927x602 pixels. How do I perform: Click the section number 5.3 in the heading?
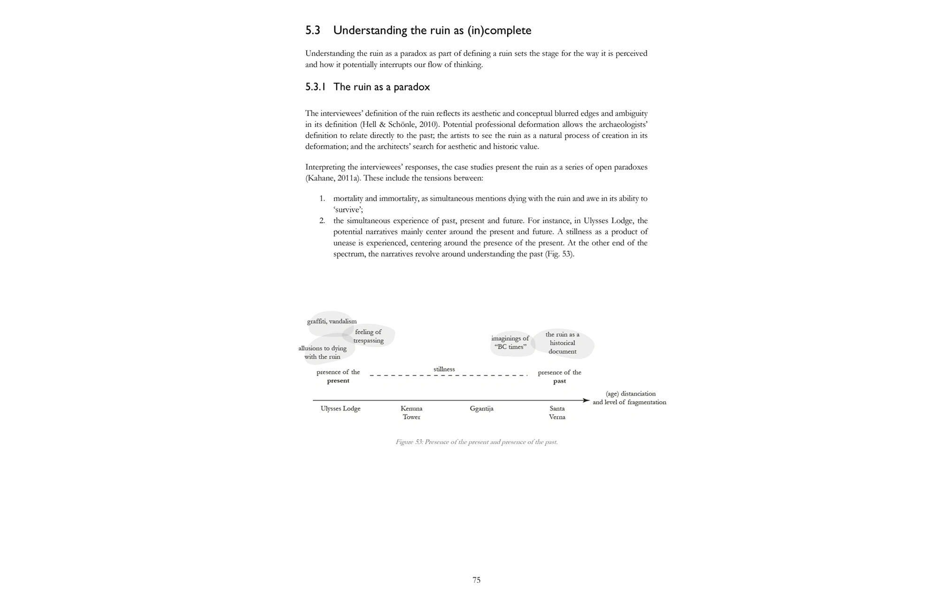click(x=312, y=30)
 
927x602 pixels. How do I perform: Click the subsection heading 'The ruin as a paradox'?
click(x=381, y=87)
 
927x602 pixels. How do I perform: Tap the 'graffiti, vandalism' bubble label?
click(x=332, y=321)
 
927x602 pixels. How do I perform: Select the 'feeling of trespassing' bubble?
click(x=369, y=336)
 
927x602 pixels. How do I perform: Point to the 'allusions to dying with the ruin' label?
click(x=322, y=352)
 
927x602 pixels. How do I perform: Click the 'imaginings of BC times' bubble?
click(x=510, y=343)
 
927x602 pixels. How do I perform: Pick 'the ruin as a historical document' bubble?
click(x=562, y=343)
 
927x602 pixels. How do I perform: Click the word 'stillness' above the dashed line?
click(x=444, y=369)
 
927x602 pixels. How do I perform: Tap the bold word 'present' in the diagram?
click(x=338, y=381)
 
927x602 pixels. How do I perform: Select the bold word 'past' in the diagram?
click(x=559, y=381)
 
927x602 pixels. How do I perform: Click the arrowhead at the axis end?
click(x=586, y=400)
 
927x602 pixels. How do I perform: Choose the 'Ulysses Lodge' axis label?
click(x=340, y=409)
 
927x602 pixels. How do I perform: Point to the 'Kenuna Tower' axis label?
click(x=411, y=412)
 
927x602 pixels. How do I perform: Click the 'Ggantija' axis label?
click(x=481, y=409)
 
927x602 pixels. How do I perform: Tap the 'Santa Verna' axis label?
click(x=557, y=412)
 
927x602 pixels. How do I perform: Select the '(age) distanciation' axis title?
click(x=630, y=394)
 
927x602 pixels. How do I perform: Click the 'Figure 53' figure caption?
click(x=476, y=442)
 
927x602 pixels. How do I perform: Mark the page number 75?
click(x=476, y=580)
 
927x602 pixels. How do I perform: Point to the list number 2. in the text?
click(x=322, y=221)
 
